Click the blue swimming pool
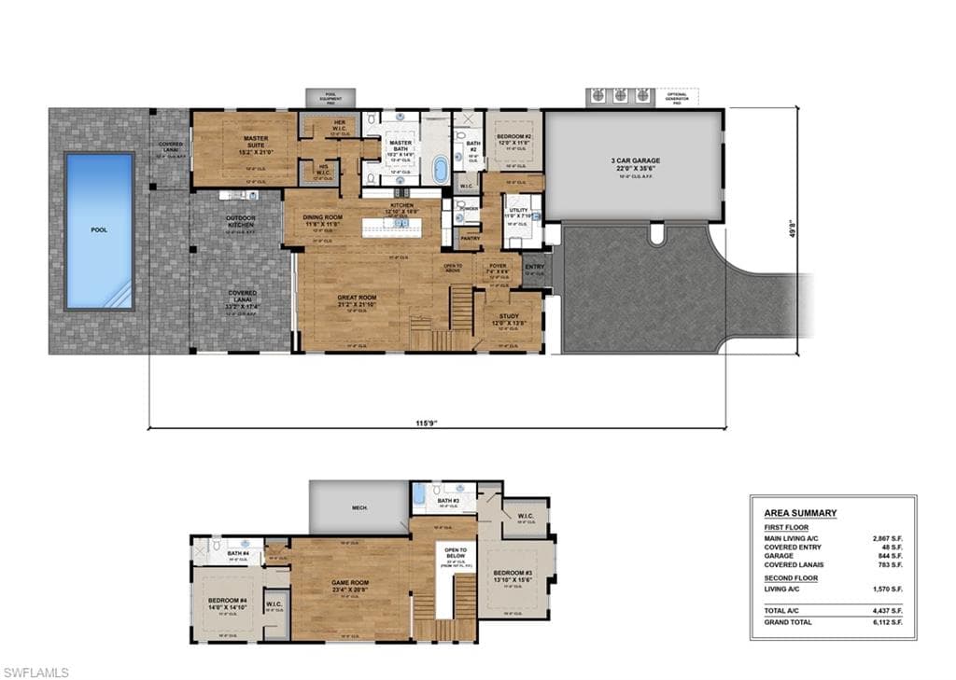point(99,231)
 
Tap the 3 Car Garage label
point(635,160)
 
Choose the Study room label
point(509,316)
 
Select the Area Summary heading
point(800,513)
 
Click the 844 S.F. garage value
point(890,555)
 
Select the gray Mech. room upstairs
point(358,507)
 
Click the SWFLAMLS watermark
point(35,672)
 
